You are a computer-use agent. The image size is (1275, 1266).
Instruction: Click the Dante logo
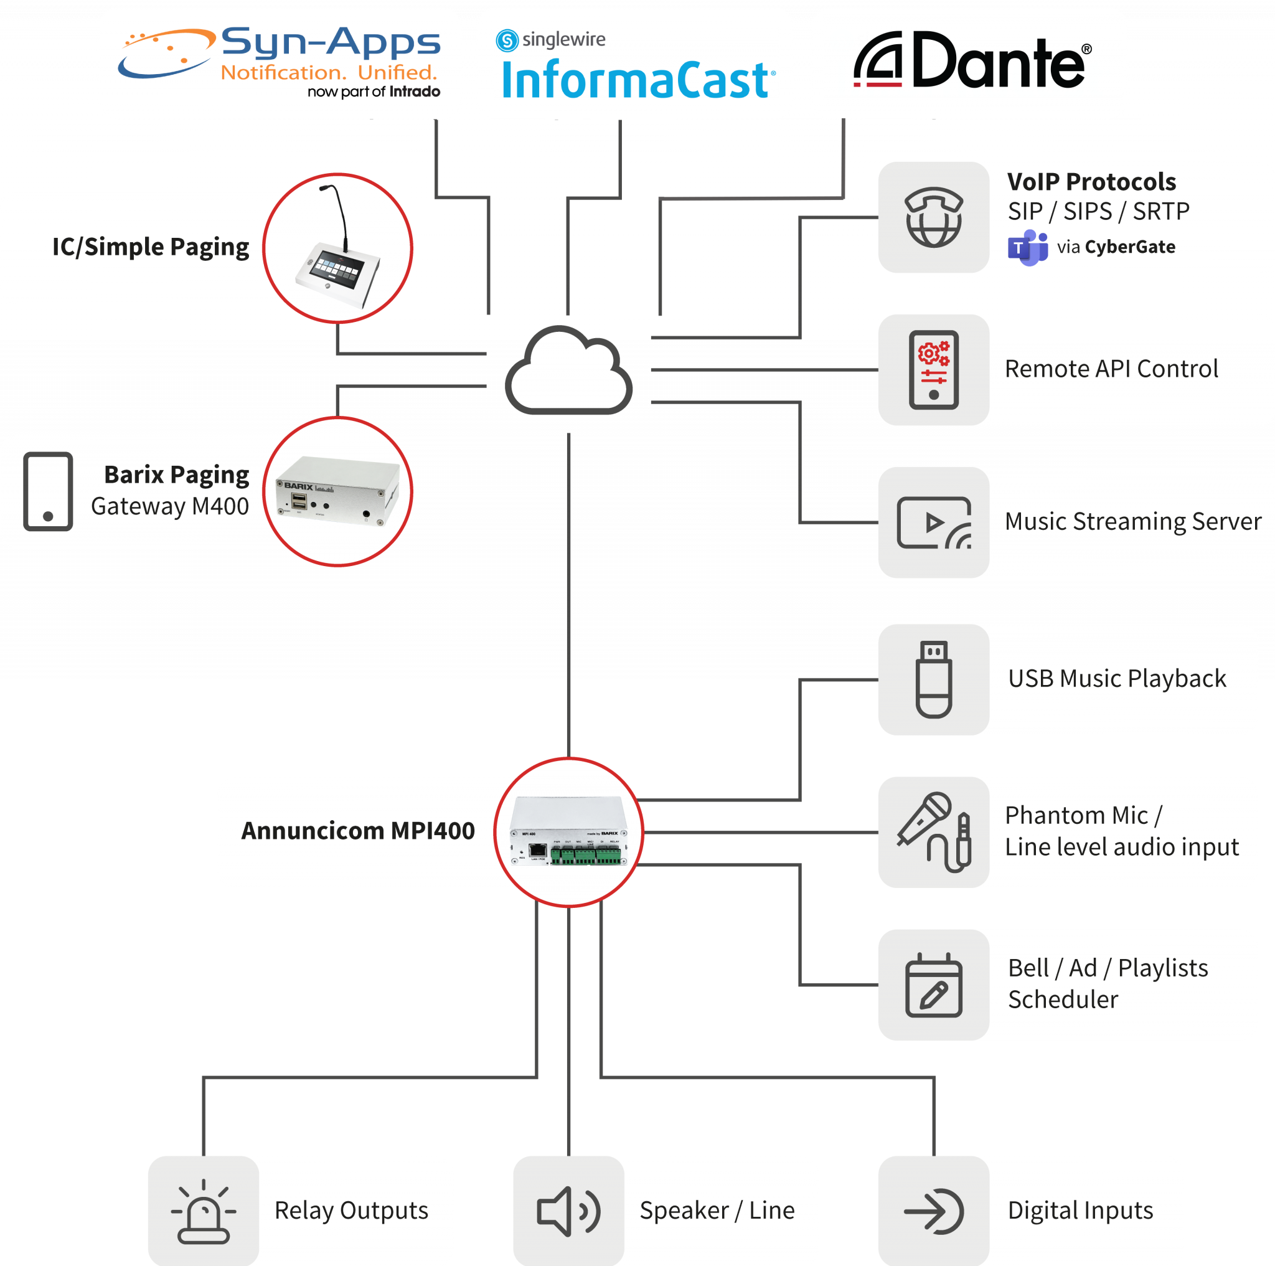coord(971,61)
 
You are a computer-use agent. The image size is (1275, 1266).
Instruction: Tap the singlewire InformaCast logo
coord(635,66)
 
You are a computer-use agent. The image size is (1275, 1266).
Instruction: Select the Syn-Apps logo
coord(280,62)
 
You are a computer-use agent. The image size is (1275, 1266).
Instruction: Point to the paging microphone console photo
coord(337,248)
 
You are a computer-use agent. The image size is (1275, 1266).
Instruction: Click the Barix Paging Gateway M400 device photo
coord(337,492)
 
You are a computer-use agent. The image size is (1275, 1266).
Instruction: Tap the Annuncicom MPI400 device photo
coord(568,833)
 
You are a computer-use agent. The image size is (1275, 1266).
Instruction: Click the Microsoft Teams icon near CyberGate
coord(1027,247)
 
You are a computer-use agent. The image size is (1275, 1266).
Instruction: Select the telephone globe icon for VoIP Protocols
coord(933,217)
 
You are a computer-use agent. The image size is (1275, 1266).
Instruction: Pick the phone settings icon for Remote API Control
coord(933,370)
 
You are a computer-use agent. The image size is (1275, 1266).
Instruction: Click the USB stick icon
coord(933,679)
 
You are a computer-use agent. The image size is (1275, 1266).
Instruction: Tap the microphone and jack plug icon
coord(933,832)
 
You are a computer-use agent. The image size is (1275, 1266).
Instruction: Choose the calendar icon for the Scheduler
coord(933,985)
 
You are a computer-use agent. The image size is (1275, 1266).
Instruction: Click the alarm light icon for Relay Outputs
coord(203,1211)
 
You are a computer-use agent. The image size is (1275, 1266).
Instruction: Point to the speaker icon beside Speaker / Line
coord(568,1211)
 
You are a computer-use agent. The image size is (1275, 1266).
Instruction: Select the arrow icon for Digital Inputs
coord(933,1211)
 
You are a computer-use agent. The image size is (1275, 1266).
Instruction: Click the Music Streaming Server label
coord(1132,521)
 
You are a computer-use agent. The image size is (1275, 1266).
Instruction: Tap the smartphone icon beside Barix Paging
coord(47,492)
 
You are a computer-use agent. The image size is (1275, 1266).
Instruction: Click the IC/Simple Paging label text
coord(151,247)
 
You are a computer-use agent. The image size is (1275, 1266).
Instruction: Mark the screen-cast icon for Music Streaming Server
coord(933,522)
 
